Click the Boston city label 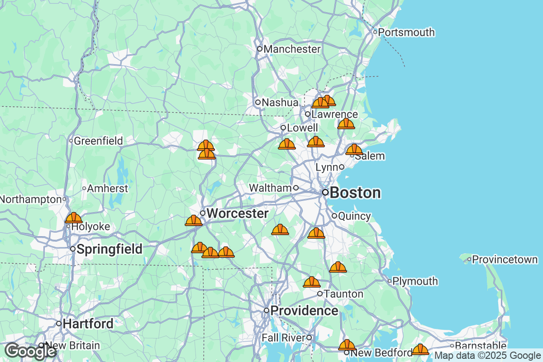(355, 193)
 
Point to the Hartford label (88, 324)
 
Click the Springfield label (109, 249)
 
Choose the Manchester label (292, 49)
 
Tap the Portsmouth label (406, 32)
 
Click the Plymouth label (415, 281)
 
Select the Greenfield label (98, 141)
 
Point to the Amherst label (108, 188)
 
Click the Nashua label (280, 103)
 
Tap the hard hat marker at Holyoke (73, 218)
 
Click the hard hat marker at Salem (354, 149)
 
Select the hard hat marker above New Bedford (347, 345)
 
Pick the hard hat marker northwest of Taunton (312, 282)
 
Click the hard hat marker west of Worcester (194, 220)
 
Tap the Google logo (31, 351)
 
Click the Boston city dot (325, 192)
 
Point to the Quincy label (354, 216)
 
